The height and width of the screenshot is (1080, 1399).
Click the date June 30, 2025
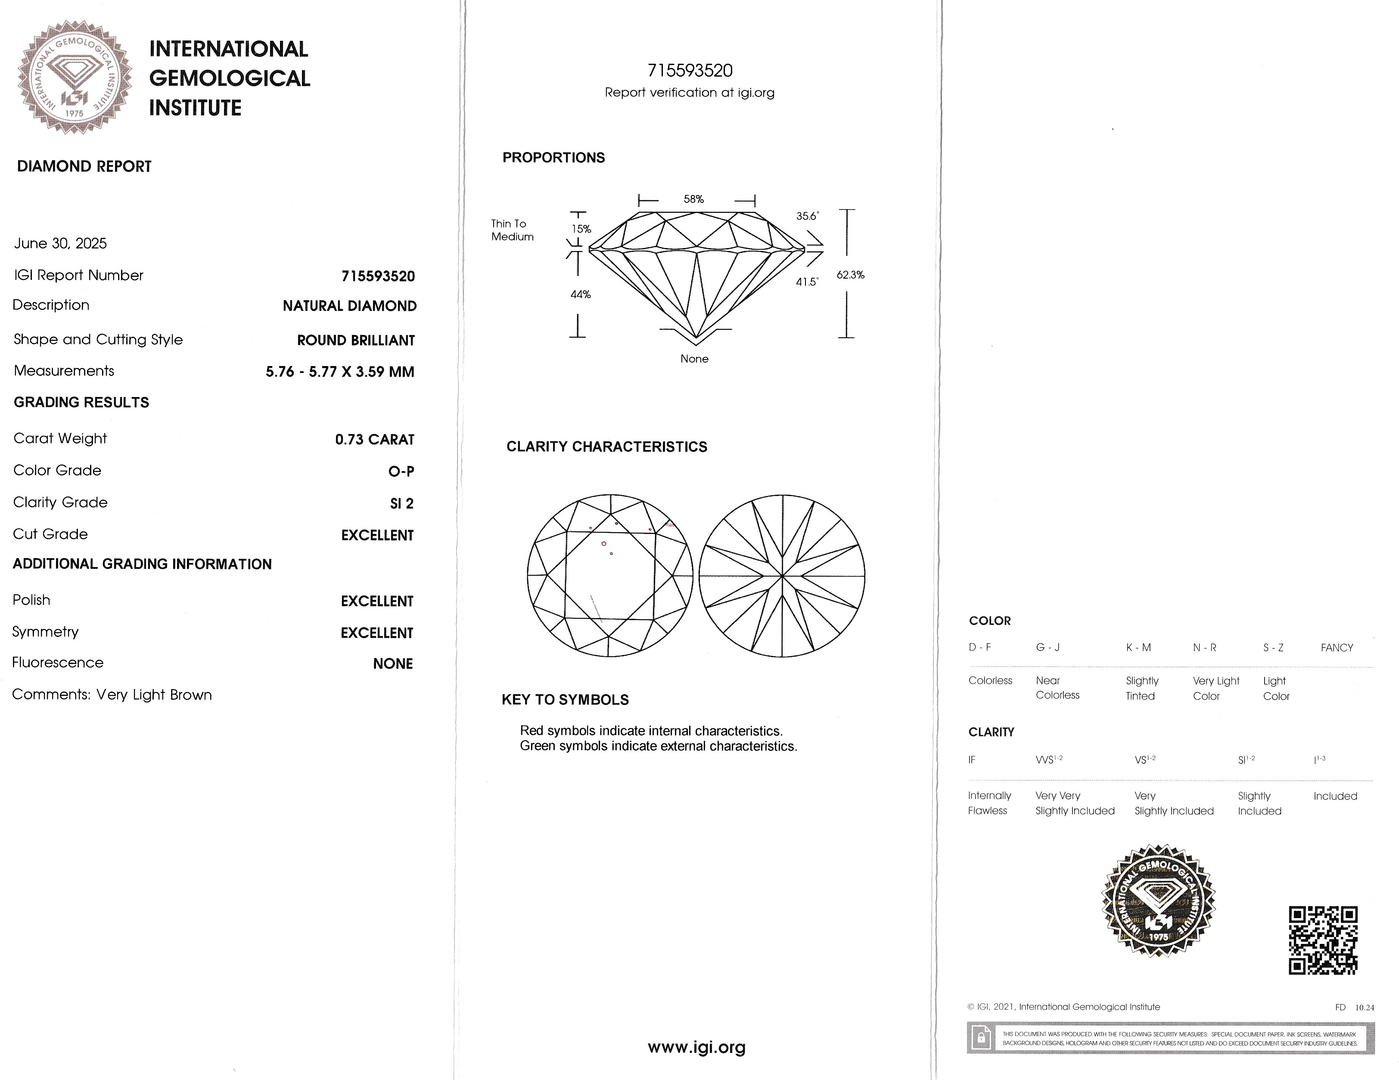60,243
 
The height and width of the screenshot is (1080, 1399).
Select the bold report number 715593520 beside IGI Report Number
378,276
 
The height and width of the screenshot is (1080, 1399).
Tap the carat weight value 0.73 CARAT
375,439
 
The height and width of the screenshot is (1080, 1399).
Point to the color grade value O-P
401,472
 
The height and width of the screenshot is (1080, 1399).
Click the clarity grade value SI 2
401,503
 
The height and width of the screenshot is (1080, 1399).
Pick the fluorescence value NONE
393,664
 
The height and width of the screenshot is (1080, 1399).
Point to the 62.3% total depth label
850,275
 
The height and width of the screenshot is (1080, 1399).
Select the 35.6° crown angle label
807,216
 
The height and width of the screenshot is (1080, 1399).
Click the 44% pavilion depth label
580,295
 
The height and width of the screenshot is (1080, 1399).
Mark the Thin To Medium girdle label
512,230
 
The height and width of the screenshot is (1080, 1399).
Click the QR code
1323,940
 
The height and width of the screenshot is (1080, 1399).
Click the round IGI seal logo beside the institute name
75,78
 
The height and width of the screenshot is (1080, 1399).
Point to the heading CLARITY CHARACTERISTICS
606,447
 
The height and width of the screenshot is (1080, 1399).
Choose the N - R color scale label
1204,648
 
